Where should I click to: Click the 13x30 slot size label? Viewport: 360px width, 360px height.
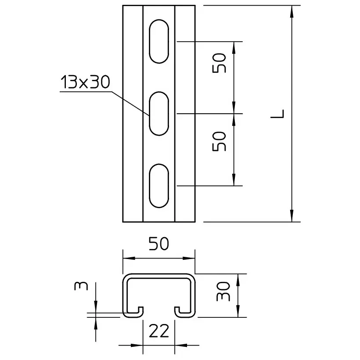click(85, 82)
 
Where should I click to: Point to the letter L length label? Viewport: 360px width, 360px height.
click(277, 114)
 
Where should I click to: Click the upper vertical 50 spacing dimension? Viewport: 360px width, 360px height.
click(219, 63)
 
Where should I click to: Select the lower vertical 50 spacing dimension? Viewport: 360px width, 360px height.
click(219, 141)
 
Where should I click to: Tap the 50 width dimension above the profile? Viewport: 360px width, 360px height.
click(158, 244)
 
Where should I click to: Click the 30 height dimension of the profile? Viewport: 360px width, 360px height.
click(223, 292)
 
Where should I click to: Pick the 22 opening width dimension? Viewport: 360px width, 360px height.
click(159, 331)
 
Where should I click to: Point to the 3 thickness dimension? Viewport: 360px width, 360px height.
click(81, 286)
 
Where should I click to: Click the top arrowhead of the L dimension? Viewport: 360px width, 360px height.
click(292, 11)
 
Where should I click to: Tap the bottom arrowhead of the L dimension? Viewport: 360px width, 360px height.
click(292, 216)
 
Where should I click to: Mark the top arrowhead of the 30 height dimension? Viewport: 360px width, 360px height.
click(238, 280)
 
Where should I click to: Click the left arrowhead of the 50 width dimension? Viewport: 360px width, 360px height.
click(129, 258)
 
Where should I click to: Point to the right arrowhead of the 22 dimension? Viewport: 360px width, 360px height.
click(181, 345)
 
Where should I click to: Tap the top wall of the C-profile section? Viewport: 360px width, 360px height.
click(159, 276)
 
